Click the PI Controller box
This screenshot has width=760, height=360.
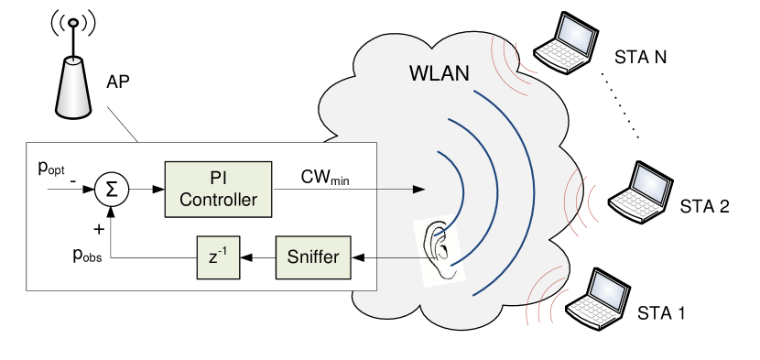tap(219, 190)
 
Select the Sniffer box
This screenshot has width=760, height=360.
tap(314, 257)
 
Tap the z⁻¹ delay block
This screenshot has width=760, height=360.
tap(218, 257)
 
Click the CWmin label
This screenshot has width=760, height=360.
tap(326, 175)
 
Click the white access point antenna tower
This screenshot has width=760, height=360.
tap(74, 88)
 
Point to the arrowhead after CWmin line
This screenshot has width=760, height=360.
tap(420, 190)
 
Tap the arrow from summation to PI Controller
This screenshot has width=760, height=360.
tap(147, 190)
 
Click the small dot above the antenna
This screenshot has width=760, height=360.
tap(73, 22)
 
